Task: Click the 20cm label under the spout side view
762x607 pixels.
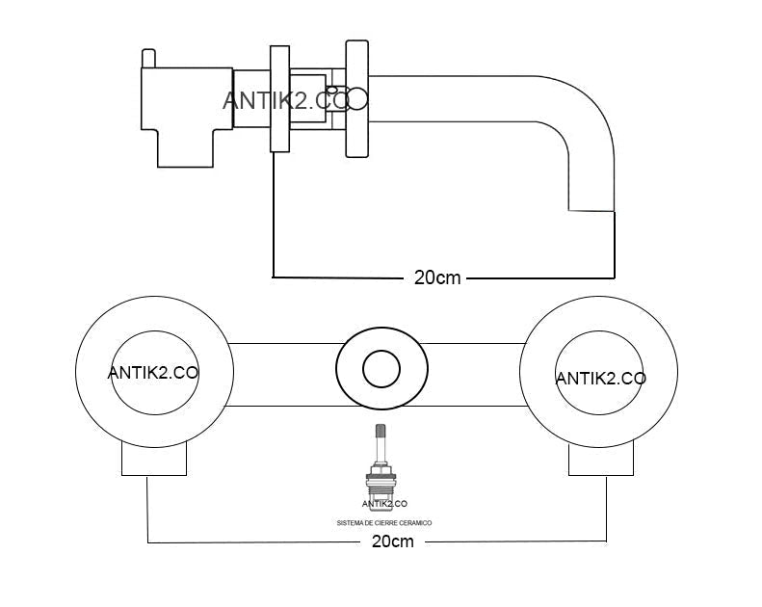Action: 437,277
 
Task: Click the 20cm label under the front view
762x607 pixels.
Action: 393,541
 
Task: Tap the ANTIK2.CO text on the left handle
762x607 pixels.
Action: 152,373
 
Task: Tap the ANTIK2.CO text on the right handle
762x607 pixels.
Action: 601,379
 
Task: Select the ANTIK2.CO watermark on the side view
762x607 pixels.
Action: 287,100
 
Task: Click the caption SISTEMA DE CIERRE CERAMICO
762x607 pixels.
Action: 384,523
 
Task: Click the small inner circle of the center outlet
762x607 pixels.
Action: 381,369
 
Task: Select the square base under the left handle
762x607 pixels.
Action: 154,460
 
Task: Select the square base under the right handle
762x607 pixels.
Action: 601,460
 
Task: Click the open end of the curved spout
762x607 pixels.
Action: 591,211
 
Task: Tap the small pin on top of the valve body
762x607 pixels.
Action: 148,59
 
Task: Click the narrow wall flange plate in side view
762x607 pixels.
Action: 280,98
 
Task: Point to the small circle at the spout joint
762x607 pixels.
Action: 357,98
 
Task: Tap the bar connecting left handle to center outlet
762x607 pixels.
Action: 283,375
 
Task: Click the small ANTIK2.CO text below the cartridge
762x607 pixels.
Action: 384,504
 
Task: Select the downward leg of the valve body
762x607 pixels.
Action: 185,148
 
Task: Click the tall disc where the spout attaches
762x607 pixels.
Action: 356,98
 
